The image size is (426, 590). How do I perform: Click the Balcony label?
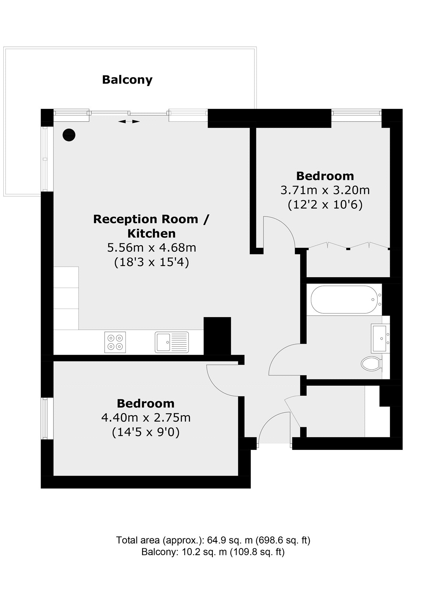coord(127,80)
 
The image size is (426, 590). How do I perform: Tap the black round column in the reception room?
coord(69,135)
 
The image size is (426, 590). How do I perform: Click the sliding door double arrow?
coord(129,121)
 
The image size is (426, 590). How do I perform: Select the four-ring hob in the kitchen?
coord(115,342)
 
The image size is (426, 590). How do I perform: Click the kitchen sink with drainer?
coord(172,342)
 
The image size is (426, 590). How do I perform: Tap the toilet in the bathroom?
coord(371,364)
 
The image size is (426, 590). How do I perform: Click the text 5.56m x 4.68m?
coord(152,248)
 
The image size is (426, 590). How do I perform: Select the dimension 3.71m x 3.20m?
coord(325,190)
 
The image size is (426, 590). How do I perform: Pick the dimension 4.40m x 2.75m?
coord(146,417)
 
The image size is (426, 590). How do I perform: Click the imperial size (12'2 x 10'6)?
coord(325,205)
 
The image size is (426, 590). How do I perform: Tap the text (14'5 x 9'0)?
coord(146,432)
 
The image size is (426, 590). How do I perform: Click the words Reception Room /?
coord(151,219)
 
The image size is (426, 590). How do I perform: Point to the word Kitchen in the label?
coord(152,233)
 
